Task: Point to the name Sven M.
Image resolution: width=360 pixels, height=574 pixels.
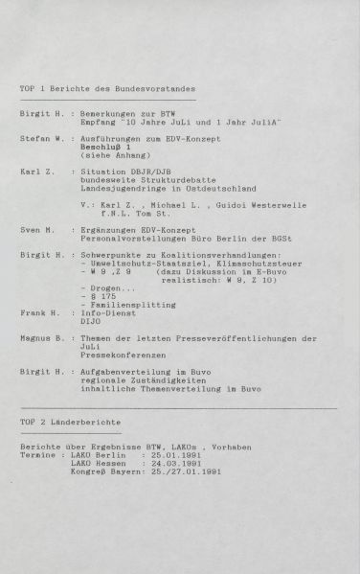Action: point(36,231)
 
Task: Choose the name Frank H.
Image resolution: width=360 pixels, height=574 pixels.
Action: point(38,312)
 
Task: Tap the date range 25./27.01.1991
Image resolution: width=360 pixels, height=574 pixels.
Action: point(182,472)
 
